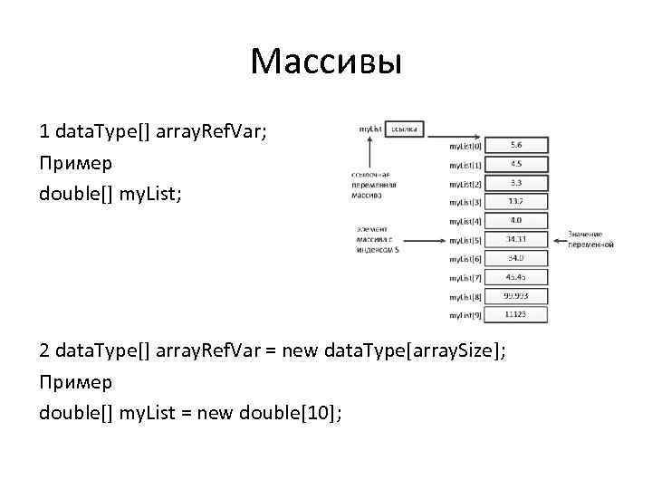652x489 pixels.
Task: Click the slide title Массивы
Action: point(325,62)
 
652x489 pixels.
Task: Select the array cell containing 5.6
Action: point(515,145)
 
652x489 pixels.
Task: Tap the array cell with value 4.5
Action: point(515,164)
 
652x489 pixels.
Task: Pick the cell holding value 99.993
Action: point(515,296)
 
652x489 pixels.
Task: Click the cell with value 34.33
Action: point(515,240)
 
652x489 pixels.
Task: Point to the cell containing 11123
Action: point(515,315)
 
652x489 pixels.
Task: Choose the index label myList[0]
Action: point(465,146)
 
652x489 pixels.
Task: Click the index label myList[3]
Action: point(465,202)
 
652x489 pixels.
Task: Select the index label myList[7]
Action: point(465,278)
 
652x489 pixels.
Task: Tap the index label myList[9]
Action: point(465,315)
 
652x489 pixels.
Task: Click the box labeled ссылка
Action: point(405,129)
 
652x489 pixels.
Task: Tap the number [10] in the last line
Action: point(321,413)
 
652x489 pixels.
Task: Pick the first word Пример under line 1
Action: point(76,164)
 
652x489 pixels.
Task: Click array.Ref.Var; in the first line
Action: point(212,132)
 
